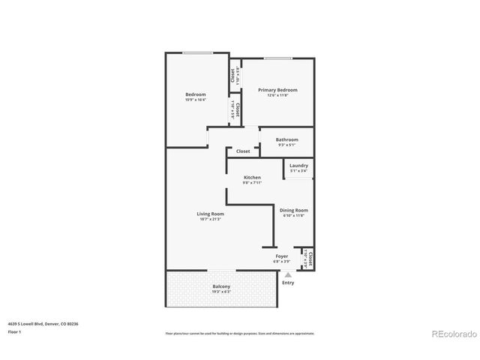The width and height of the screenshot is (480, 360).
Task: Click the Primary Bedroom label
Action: click(278, 90)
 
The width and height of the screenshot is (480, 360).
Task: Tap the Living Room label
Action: click(211, 214)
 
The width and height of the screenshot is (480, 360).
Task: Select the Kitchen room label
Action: click(252, 177)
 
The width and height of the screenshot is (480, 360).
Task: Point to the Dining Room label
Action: click(293, 211)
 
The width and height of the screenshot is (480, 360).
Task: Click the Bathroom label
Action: click(286, 139)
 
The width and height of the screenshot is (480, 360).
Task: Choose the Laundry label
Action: click(298, 166)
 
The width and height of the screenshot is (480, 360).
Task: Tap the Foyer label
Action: click(282, 256)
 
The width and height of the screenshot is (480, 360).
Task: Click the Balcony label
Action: click(221, 286)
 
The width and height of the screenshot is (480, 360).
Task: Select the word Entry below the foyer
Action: click(288, 283)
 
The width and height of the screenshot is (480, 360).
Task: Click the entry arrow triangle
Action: click(288, 274)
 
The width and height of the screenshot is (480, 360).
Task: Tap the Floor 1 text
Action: click(15, 331)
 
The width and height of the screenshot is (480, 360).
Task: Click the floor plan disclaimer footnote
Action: click(239, 333)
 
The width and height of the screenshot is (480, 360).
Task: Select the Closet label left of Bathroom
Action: click(243, 151)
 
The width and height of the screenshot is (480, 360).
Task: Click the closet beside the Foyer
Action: click(309, 259)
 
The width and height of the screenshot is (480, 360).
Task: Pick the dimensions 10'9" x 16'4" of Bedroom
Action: click(196, 100)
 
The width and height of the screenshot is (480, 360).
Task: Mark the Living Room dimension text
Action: click(211, 219)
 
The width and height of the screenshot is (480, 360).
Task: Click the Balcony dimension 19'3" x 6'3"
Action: click(221, 292)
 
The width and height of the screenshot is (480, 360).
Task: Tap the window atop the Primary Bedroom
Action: click(277, 58)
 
